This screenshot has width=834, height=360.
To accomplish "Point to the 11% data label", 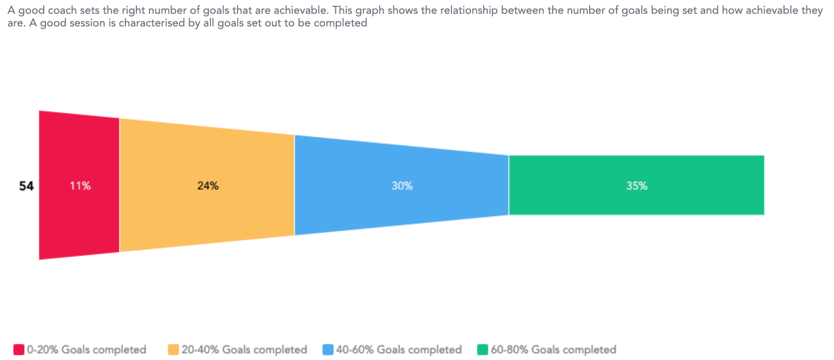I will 80,186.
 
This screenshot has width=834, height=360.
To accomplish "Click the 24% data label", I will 208,186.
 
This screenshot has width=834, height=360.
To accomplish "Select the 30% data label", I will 402,186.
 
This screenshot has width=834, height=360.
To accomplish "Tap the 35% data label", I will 637,186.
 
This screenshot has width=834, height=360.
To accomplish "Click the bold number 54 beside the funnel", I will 26,186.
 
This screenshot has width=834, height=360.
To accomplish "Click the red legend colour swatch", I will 19,350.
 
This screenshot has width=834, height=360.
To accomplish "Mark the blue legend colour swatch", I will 328,350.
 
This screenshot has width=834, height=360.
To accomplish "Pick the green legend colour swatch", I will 483,350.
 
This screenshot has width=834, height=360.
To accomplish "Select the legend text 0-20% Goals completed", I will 86,350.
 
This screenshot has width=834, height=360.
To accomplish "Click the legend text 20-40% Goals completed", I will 244,350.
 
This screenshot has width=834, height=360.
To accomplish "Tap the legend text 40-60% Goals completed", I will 399,350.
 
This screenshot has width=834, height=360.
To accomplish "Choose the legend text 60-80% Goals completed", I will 553,350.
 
